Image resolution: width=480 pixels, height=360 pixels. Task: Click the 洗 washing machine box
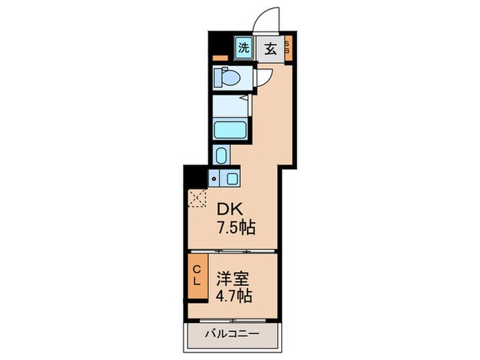pyautogui.click(x=243, y=48)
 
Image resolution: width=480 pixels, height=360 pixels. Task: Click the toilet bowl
pyautogui.click(x=227, y=77)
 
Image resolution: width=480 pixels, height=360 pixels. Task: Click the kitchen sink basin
pyautogui.click(x=231, y=180)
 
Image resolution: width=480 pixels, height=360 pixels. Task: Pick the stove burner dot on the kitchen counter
pyautogui.click(x=215, y=180)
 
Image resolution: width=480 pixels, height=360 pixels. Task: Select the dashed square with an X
pyautogui.click(x=198, y=199)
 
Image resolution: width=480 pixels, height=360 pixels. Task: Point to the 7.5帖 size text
pyautogui.click(x=236, y=228)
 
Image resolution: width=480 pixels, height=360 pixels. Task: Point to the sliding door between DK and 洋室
pyautogui.click(x=233, y=250)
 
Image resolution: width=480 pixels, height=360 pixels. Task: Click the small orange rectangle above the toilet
pyautogui.click(x=219, y=59)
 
